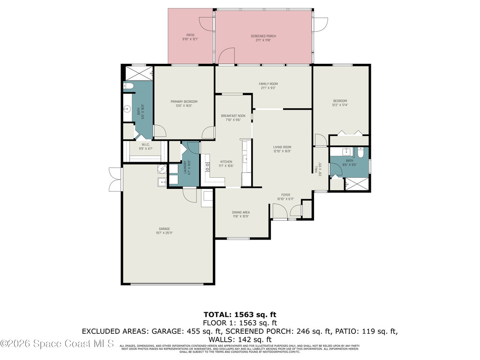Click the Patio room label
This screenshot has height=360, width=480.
[190, 37]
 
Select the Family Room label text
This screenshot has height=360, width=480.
[268, 86]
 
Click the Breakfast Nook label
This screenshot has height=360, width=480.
[233, 118]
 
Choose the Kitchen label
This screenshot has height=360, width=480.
[226, 164]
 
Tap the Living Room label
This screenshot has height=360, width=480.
[282, 149]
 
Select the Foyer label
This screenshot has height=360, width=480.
[285, 196]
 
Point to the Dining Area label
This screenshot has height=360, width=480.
[241, 214]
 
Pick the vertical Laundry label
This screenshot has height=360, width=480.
[185, 168]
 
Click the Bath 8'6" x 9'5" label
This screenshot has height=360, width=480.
[350, 163]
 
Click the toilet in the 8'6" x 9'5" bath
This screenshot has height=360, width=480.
[360, 153]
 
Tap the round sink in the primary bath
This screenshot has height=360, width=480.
[126, 110]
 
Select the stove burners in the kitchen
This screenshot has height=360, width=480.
[207, 165]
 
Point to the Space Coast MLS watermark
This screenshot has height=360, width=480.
[57, 344]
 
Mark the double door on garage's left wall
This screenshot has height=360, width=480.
[114, 180]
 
